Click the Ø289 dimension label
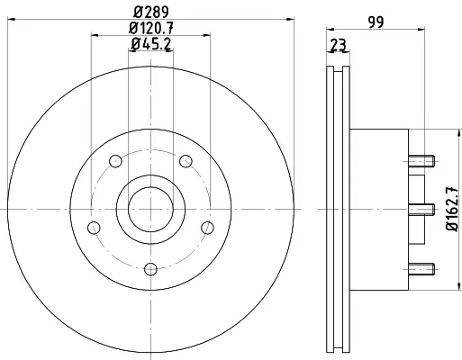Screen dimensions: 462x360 [x=151, y=12]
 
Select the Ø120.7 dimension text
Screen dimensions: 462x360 [x=151, y=29]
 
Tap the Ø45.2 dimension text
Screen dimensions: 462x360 [x=151, y=44]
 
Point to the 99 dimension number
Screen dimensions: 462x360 [x=376, y=22]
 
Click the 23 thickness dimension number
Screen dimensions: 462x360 [x=339, y=45]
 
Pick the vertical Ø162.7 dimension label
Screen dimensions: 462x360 [x=452, y=209]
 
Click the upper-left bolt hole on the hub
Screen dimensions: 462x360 [x=115, y=161]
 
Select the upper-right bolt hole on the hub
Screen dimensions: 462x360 [x=186, y=161]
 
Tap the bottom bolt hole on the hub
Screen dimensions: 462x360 [x=150, y=269]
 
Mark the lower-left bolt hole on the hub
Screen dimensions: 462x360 [x=94, y=228]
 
